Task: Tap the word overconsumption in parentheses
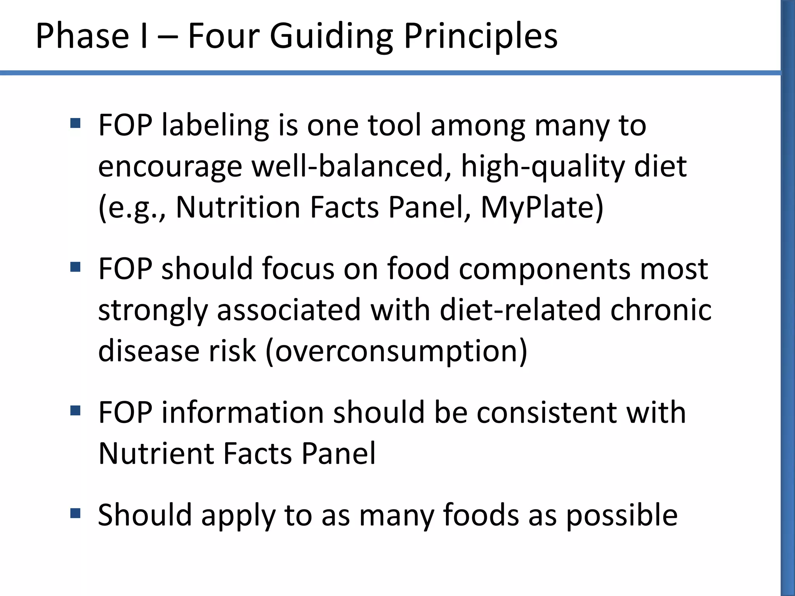(x=396, y=351)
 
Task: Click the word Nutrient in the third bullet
(x=156, y=453)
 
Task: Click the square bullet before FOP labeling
(x=75, y=123)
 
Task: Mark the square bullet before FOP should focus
(x=75, y=267)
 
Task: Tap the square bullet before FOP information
(x=75, y=411)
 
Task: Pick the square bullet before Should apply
(x=75, y=513)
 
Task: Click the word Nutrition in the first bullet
(x=238, y=207)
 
